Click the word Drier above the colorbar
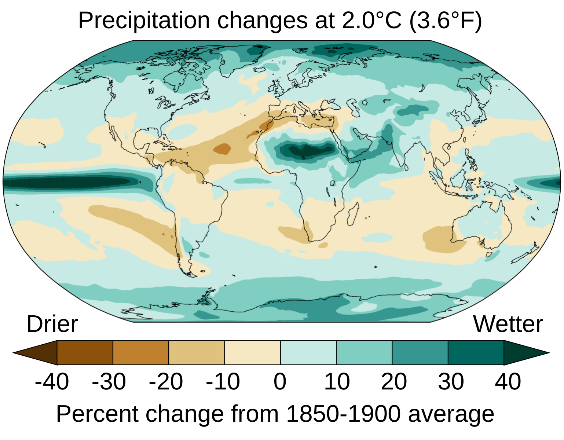52,324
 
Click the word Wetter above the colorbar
508,324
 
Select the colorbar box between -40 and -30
85,353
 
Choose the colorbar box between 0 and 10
308,353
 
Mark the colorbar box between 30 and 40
476,353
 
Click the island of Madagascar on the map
352,215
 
